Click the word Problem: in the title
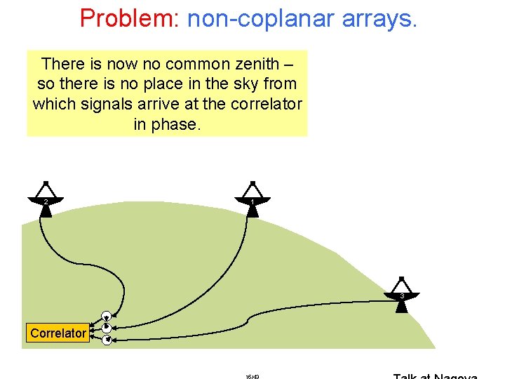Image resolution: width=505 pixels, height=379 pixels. click(130, 18)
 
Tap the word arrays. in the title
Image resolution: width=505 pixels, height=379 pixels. click(380, 18)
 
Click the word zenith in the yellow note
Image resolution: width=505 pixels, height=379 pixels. click(259, 64)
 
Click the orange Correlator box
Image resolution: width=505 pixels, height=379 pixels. click(58, 333)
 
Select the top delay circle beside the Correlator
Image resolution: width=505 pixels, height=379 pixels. click(107, 316)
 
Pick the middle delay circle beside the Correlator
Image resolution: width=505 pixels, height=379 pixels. click(107, 328)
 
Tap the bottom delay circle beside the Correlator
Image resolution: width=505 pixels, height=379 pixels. click(107, 340)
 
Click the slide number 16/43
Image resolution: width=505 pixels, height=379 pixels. click(252, 376)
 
